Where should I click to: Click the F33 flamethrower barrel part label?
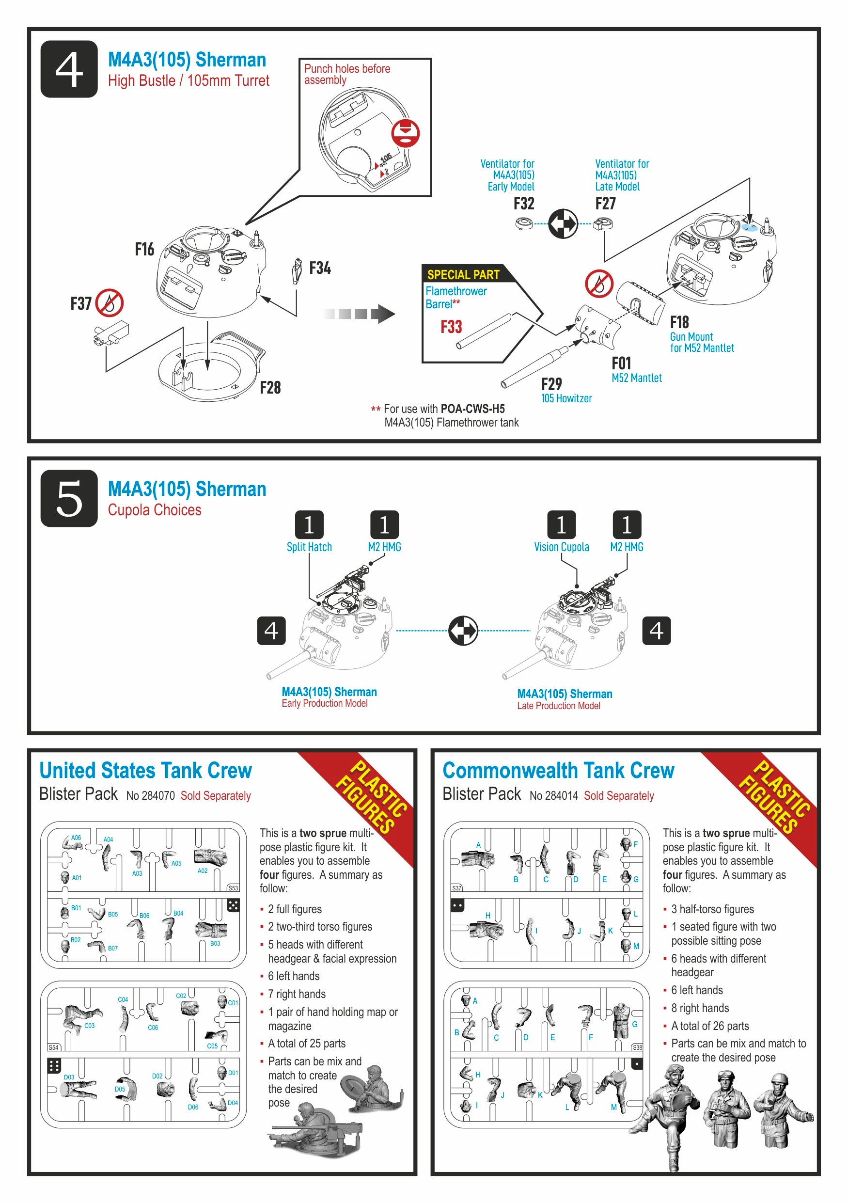coord(451,327)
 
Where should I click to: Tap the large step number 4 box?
coord(69,69)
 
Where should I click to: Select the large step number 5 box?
coord(69,498)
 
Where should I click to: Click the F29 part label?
coord(551,384)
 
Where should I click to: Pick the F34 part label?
coord(319,268)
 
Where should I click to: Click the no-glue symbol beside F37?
coord(110,303)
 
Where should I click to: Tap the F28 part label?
coord(270,388)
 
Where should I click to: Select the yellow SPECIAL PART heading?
coord(463,274)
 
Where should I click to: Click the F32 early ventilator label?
coord(524,203)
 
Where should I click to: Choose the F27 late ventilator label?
coord(606,203)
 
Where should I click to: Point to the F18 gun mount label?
coord(679,322)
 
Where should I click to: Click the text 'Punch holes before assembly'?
coord(347,74)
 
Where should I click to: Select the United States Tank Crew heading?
coord(145,770)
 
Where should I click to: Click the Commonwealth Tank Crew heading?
coord(558,770)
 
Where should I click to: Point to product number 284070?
coord(151,795)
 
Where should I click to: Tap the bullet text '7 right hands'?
coord(297,994)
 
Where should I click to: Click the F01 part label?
coord(621,363)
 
